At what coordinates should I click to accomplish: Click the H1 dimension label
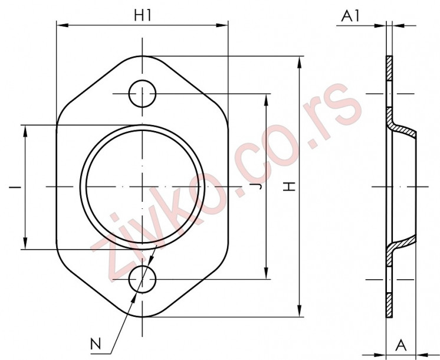click(x=143, y=15)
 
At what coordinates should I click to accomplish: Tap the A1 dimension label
click(x=350, y=16)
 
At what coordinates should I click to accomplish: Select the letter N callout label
click(x=96, y=343)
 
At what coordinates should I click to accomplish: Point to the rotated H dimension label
click(x=289, y=186)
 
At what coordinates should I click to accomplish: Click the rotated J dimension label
click(x=259, y=186)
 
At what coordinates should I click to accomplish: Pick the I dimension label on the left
click(x=15, y=186)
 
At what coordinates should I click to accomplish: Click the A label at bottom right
click(x=400, y=345)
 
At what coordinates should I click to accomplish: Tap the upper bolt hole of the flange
click(x=142, y=94)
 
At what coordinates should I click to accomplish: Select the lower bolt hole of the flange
click(x=142, y=279)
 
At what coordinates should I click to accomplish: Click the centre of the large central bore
click(x=142, y=186)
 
